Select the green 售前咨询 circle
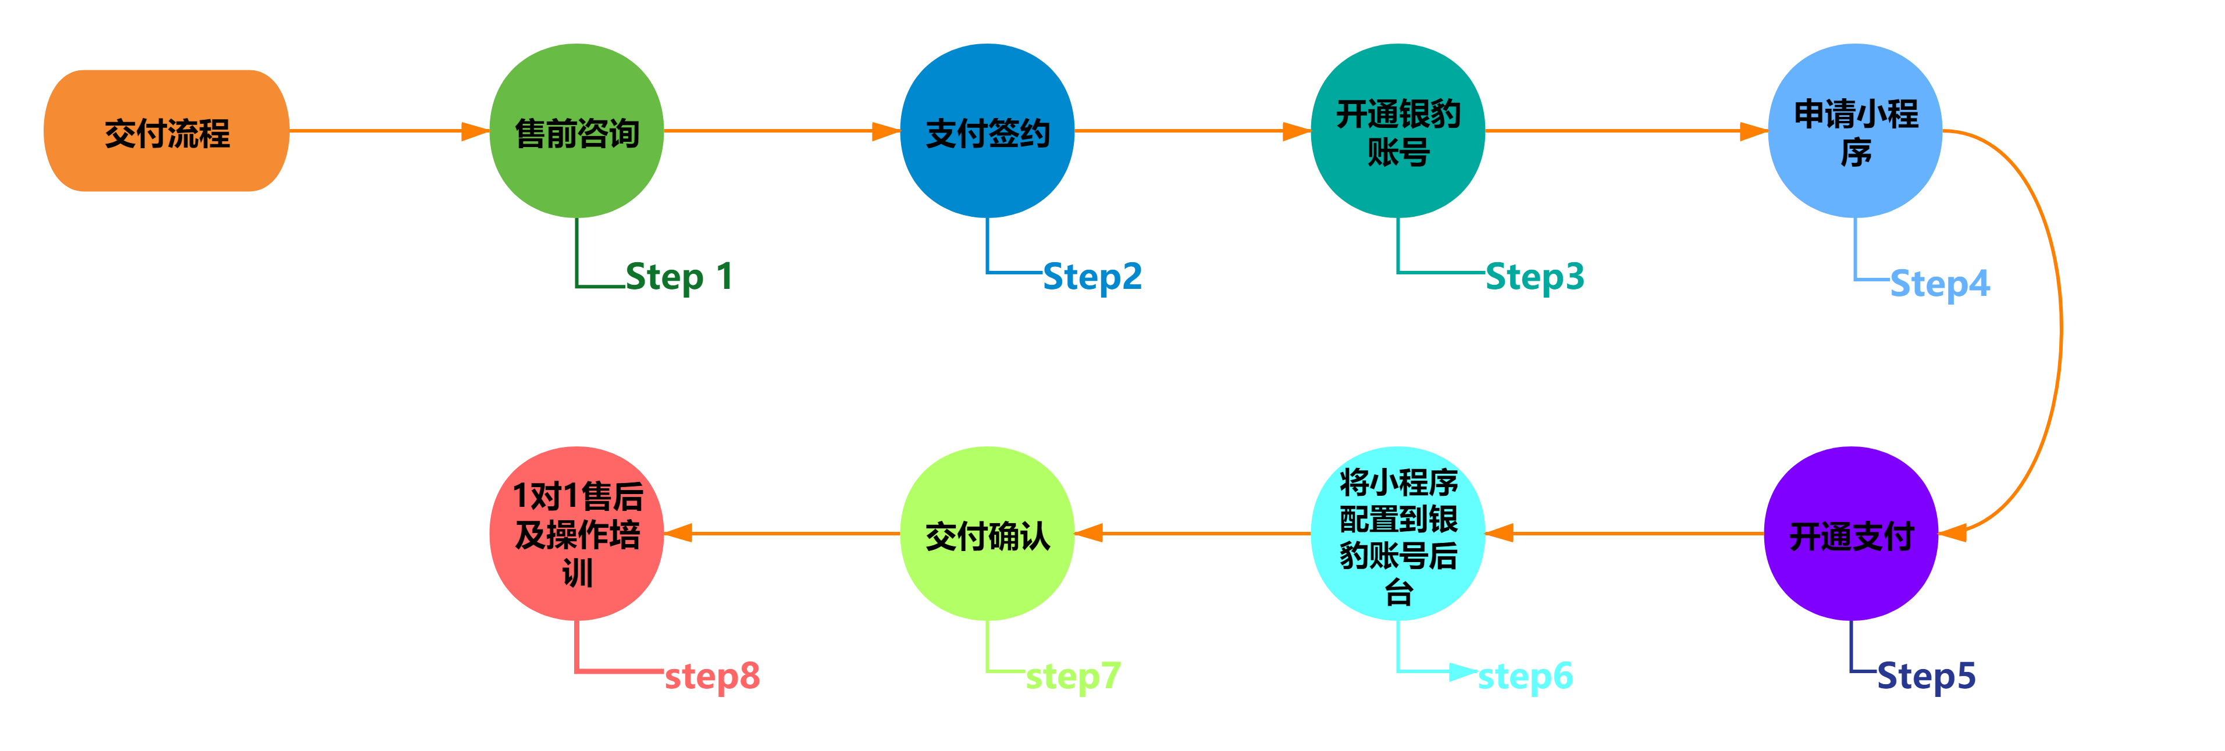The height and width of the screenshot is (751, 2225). pyautogui.click(x=576, y=131)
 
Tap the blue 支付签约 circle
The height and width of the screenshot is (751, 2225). pyautogui.click(x=987, y=131)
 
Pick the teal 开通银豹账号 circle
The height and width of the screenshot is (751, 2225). pyautogui.click(x=1398, y=131)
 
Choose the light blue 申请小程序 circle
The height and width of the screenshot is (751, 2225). pyautogui.click(x=1855, y=131)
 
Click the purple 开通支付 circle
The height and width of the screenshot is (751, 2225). pyautogui.click(x=1851, y=534)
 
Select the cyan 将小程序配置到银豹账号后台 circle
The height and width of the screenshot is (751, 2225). pyautogui.click(x=1398, y=534)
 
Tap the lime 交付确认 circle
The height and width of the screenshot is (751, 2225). pyautogui.click(x=987, y=534)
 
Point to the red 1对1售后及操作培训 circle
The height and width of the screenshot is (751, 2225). pyautogui.click(x=576, y=534)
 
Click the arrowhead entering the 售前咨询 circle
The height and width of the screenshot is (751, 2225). pyautogui.click(x=476, y=131)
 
